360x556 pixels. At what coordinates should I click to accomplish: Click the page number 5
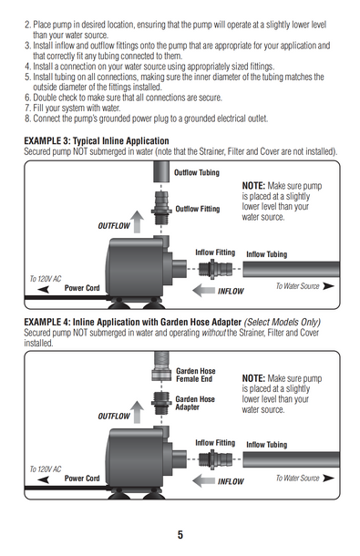pos(180,534)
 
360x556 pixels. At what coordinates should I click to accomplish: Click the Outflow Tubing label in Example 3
pos(197,172)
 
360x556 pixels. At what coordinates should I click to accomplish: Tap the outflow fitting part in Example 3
pos(161,208)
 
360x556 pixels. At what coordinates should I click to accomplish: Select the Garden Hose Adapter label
pos(195,403)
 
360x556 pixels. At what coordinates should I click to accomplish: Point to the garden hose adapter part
pos(161,403)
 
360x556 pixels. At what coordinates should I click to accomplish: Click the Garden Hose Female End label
pos(195,375)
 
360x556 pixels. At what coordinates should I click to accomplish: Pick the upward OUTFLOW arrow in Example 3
pos(137,221)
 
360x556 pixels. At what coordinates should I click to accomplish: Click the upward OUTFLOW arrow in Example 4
pos(137,412)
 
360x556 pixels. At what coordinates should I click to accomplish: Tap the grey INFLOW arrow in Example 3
pos(203,291)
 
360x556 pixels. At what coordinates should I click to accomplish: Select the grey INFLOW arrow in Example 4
pos(203,481)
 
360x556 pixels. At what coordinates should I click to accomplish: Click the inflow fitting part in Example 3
pos(215,269)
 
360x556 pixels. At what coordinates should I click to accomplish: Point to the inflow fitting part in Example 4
pos(215,459)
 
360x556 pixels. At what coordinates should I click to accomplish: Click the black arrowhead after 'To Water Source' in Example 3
pos(328,286)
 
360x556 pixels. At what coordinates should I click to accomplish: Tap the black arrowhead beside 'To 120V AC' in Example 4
pos(43,479)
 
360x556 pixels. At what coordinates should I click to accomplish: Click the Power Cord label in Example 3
pos(82,288)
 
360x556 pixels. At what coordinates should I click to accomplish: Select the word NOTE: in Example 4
pos(253,378)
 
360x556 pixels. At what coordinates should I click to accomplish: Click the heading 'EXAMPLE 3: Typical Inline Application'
pos(97,140)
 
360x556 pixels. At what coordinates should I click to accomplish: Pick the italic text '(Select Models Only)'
pos(282,322)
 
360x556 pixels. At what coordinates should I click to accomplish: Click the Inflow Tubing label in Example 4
pos(267,445)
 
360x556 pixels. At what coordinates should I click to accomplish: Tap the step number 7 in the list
pos(27,108)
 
